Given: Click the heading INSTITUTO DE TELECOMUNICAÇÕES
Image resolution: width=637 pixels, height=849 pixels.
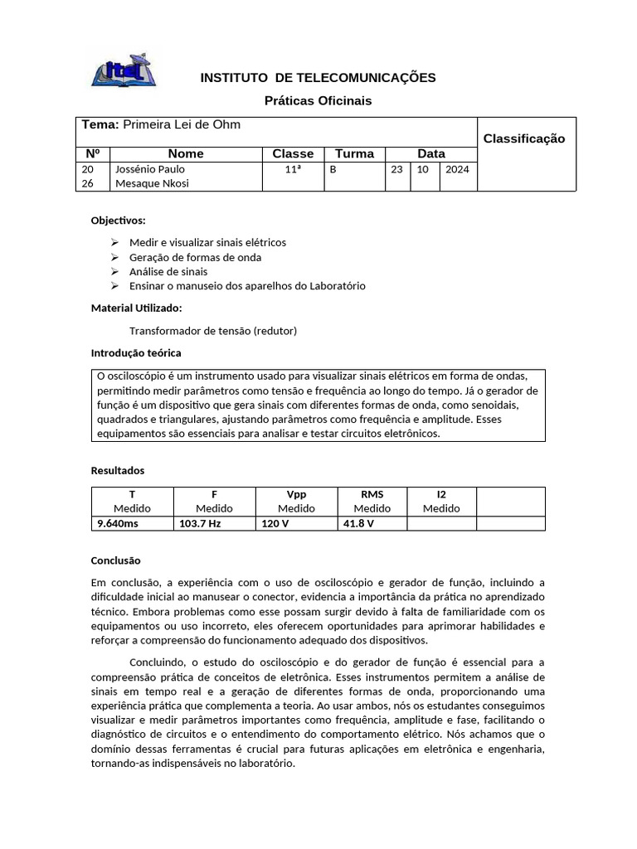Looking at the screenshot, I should pos(318,78).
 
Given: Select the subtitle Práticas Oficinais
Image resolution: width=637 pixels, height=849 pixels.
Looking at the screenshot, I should pos(318,100).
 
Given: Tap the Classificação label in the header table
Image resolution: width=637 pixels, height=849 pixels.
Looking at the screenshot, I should pos(523,138).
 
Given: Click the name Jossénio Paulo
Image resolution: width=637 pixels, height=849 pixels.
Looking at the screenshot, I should pos(150,169).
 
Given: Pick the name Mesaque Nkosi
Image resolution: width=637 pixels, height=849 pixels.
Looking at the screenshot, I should pos(152,183).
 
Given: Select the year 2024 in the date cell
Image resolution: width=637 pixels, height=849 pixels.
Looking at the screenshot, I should pos(456,169).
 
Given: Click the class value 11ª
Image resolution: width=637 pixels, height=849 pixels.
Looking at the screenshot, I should pos(292,169).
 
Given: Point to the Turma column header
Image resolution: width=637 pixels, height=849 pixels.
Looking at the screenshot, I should pos(354,153).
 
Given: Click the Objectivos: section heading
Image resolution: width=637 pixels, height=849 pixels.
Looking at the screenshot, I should pos(118,221).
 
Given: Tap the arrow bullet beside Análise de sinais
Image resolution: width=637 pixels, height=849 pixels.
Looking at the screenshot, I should pos(114,272).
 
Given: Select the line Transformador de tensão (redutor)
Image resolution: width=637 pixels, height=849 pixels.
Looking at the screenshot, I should pos(213,331).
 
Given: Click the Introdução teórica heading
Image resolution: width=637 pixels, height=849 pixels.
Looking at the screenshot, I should pos(136,353).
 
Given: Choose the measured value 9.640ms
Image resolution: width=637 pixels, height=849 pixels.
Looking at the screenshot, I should pos(119,524).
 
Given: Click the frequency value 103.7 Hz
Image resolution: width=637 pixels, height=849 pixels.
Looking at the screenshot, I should pos(200,524).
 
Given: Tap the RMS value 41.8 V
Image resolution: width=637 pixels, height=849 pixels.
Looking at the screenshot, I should pos(358,524).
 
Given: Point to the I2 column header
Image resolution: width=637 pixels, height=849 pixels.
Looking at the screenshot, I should pos(441,495).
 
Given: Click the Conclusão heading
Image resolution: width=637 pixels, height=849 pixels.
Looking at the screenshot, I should pos(115,560).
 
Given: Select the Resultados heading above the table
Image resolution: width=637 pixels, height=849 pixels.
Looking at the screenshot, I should pos(117,471).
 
